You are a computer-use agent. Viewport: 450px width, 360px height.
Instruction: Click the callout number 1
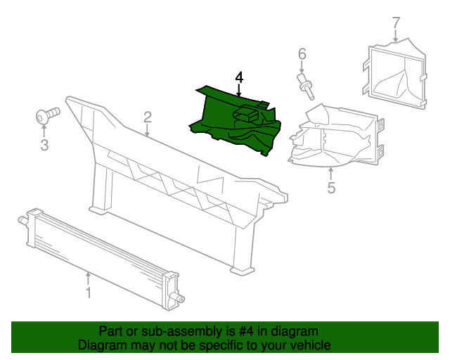[89, 291]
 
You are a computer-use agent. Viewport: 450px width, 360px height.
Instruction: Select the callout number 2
[148, 117]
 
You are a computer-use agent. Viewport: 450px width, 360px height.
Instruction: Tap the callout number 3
[44, 146]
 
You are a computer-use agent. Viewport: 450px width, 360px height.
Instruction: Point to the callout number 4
[239, 77]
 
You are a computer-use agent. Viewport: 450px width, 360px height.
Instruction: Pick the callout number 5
[331, 187]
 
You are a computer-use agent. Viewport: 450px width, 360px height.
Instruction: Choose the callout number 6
[302, 54]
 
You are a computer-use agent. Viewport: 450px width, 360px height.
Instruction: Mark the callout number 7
[395, 22]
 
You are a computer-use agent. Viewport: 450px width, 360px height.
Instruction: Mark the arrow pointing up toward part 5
[331, 172]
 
